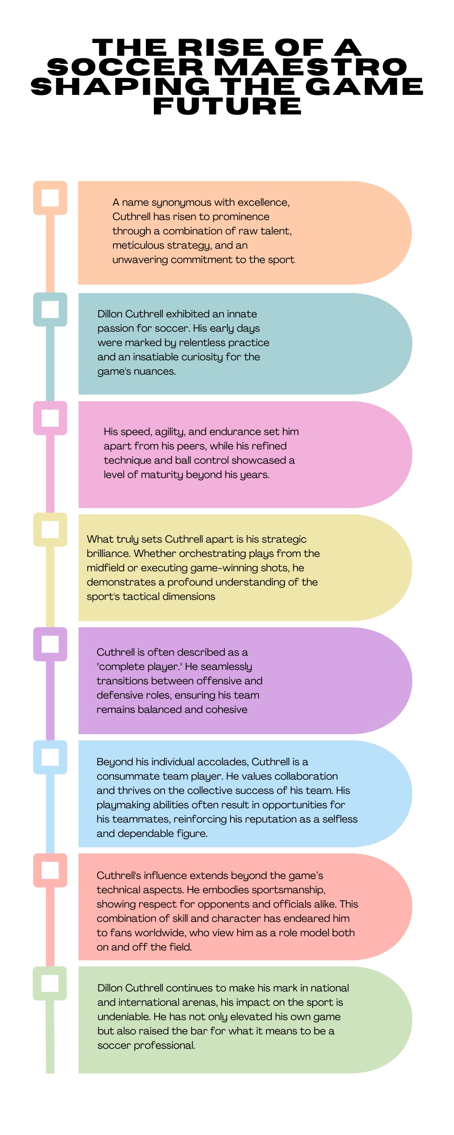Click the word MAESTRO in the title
pos(310,67)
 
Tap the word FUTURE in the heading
pos(227,106)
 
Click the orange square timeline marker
pos(50,198)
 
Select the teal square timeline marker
pos(50,309)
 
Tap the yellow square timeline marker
pos(50,529)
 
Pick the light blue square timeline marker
pos(50,757)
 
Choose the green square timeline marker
pos(50,983)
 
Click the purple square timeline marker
pos(50,644)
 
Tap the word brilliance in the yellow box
pos(109,553)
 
